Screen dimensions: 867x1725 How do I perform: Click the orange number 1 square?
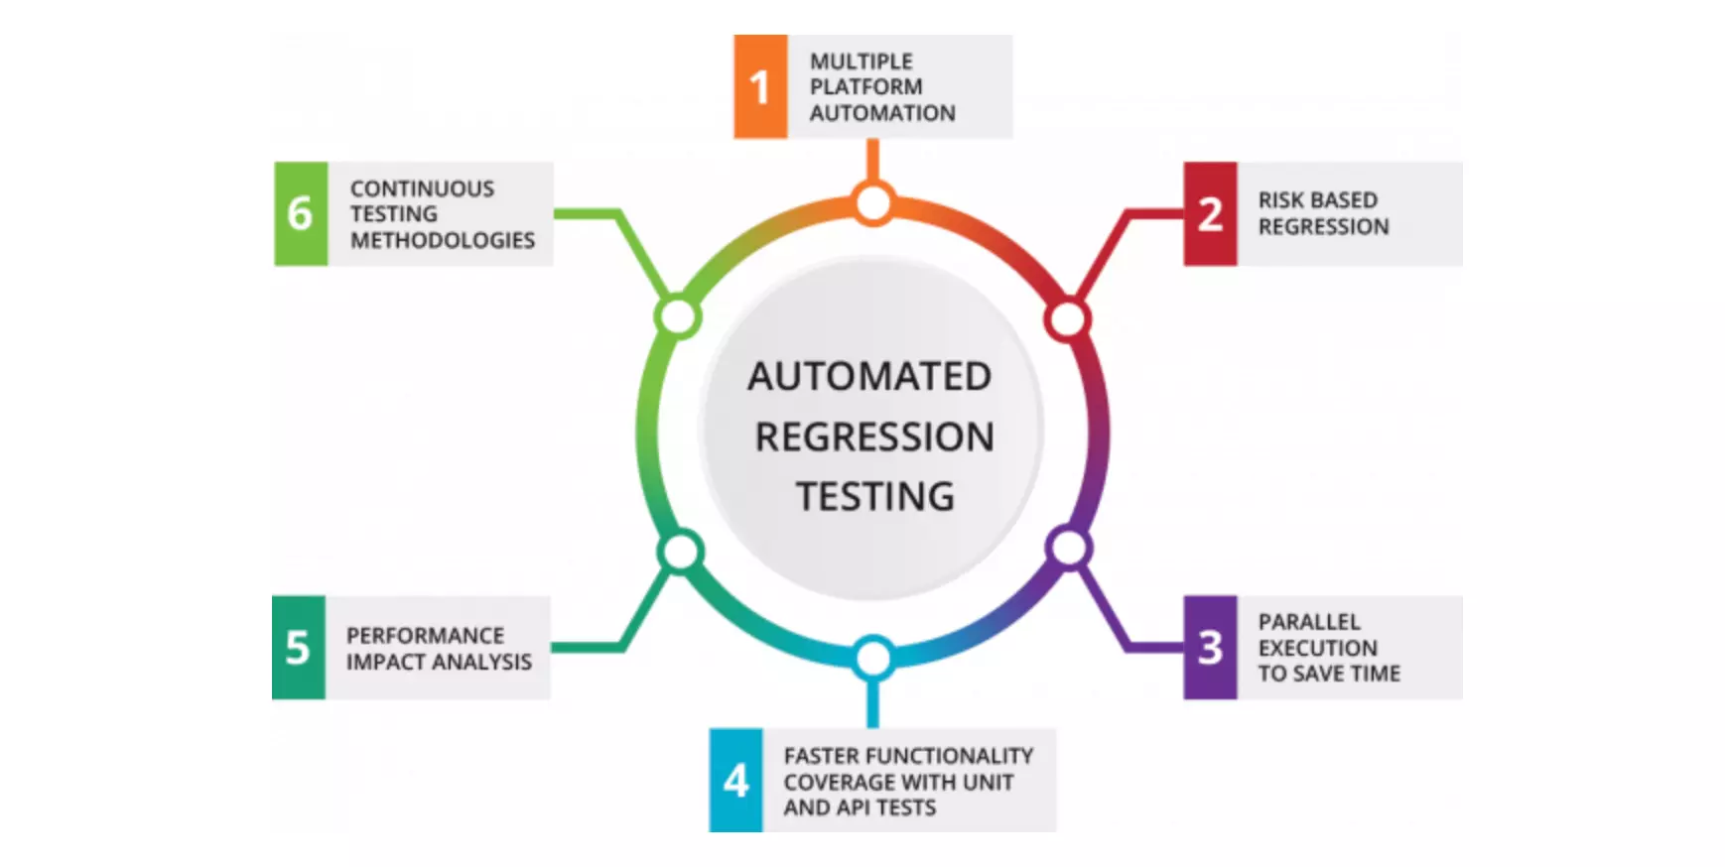[760, 86]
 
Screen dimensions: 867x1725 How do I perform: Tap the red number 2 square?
[1210, 213]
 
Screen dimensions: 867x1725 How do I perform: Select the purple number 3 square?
[1210, 648]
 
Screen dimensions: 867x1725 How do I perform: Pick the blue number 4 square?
[735, 781]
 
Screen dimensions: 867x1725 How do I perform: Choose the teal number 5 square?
[298, 648]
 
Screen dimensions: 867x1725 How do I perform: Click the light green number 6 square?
[301, 213]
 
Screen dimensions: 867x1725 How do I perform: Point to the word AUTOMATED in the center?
[869, 377]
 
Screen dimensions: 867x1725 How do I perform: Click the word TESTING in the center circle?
[874, 496]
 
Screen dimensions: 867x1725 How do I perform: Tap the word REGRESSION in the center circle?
[873, 436]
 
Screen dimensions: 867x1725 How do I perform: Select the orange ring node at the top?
[873, 203]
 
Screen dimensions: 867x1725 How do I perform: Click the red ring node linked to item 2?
[1068, 319]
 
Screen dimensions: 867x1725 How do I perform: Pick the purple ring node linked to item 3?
[1068, 548]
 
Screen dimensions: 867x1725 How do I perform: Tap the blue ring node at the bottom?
[872, 658]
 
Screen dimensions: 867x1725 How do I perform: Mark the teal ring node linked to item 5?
[681, 552]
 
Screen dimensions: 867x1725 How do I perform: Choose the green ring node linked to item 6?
[679, 317]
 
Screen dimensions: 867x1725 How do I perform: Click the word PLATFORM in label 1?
[865, 87]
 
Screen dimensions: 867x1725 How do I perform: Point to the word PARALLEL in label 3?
[1309, 622]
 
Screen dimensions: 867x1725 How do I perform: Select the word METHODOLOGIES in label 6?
[442, 240]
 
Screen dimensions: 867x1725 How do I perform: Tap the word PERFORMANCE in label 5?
[425, 635]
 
